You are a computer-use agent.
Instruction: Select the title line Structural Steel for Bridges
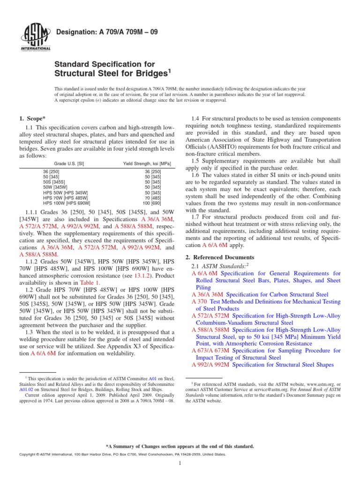pos(111,74)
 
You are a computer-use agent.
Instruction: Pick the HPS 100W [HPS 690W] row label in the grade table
pos(67,203)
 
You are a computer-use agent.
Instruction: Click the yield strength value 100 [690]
pos(152,203)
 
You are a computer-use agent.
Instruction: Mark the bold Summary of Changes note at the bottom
pos(180,446)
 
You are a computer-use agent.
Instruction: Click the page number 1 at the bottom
pos(180,464)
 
